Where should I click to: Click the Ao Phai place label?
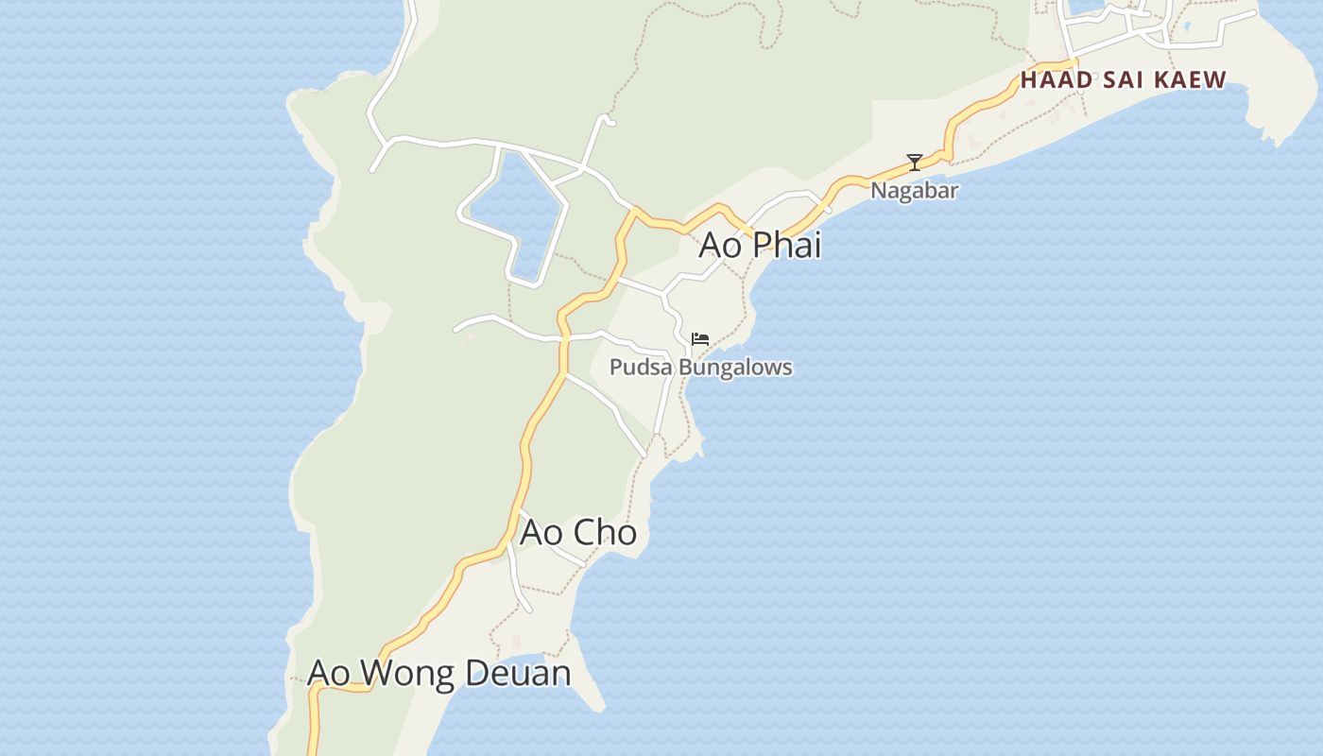760,245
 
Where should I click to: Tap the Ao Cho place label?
578,532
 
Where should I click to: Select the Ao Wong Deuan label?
439,673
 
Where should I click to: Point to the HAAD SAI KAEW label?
1123,80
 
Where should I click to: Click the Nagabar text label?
914,190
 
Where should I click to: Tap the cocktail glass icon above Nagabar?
914,163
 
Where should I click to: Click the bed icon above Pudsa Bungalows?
700,338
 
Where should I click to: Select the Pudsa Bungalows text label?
700,367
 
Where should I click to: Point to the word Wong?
406,673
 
